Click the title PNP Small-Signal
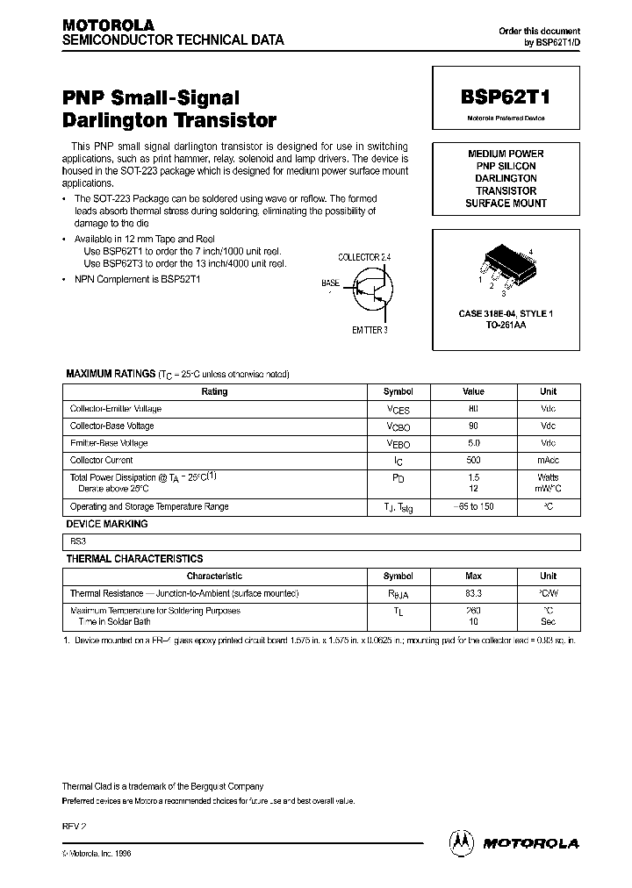click(x=150, y=98)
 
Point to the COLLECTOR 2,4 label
click(x=370, y=256)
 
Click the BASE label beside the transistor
click(x=331, y=283)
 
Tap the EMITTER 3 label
click(x=369, y=330)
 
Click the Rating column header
click(x=214, y=391)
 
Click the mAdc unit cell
click(x=548, y=460)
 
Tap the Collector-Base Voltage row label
click(x=111, y=426)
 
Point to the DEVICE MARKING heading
click(x=107, y=524)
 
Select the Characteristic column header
click(x=214, y=576)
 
